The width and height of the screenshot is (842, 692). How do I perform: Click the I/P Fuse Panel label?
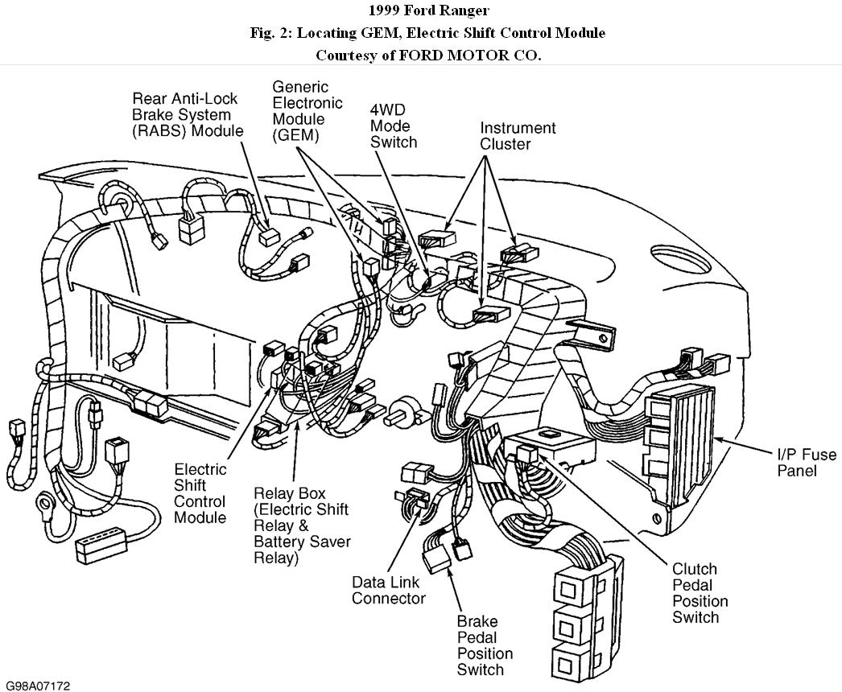[797, 463]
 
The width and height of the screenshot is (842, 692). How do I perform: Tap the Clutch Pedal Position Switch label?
[700, 593]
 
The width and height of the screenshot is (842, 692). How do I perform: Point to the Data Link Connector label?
[388, 590]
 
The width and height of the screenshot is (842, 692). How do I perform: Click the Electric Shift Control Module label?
[200, 493]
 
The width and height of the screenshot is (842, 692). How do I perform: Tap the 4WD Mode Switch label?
[393, 126]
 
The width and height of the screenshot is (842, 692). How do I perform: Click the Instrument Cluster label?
[518, 136]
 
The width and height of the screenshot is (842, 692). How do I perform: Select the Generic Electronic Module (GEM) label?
[307, 111]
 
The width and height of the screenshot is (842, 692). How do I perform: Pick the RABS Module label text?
[188, 114]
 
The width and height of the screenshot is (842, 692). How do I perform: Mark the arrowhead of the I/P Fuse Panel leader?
[719, 439]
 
